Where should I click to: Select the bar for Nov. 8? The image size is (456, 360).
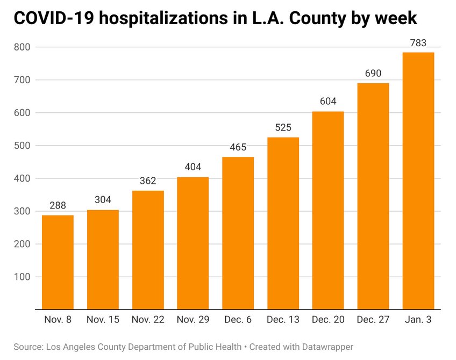coord(58,262)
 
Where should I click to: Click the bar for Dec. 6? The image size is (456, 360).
coord(238,233)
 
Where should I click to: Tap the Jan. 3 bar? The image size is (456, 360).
coord(418,181)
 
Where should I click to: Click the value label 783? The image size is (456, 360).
coord(418,42)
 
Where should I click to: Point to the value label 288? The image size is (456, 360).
coord(58,205)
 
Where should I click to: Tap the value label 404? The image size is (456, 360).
coord(193,167)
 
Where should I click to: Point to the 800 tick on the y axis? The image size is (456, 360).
coord(23,47)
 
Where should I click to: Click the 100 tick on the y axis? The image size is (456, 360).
coord(23,277)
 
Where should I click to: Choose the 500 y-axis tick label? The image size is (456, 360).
coord(23,146)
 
